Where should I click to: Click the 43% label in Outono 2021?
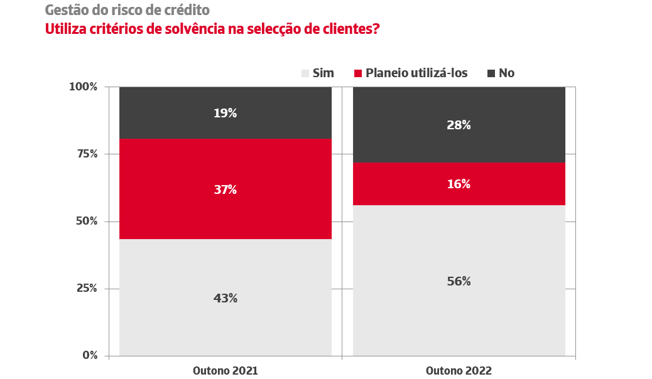tap(225, 299)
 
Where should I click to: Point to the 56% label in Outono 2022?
tap(459, 282)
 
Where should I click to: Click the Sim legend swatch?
tap(305, 73)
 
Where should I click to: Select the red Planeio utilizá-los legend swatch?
tap(358, 73)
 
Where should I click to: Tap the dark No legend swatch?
tap(491, 73)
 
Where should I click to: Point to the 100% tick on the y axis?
tap(83, 87)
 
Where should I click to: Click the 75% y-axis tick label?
tap(86, 154)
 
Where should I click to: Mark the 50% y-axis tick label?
tap(86, 221)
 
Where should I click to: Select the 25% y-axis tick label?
tap(86, 288)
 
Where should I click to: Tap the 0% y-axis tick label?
tap(90, 355)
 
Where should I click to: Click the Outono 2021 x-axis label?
tap(225, 371)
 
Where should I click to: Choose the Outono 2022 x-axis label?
tap(459, 371)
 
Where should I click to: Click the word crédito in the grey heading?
tap(187, 11)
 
